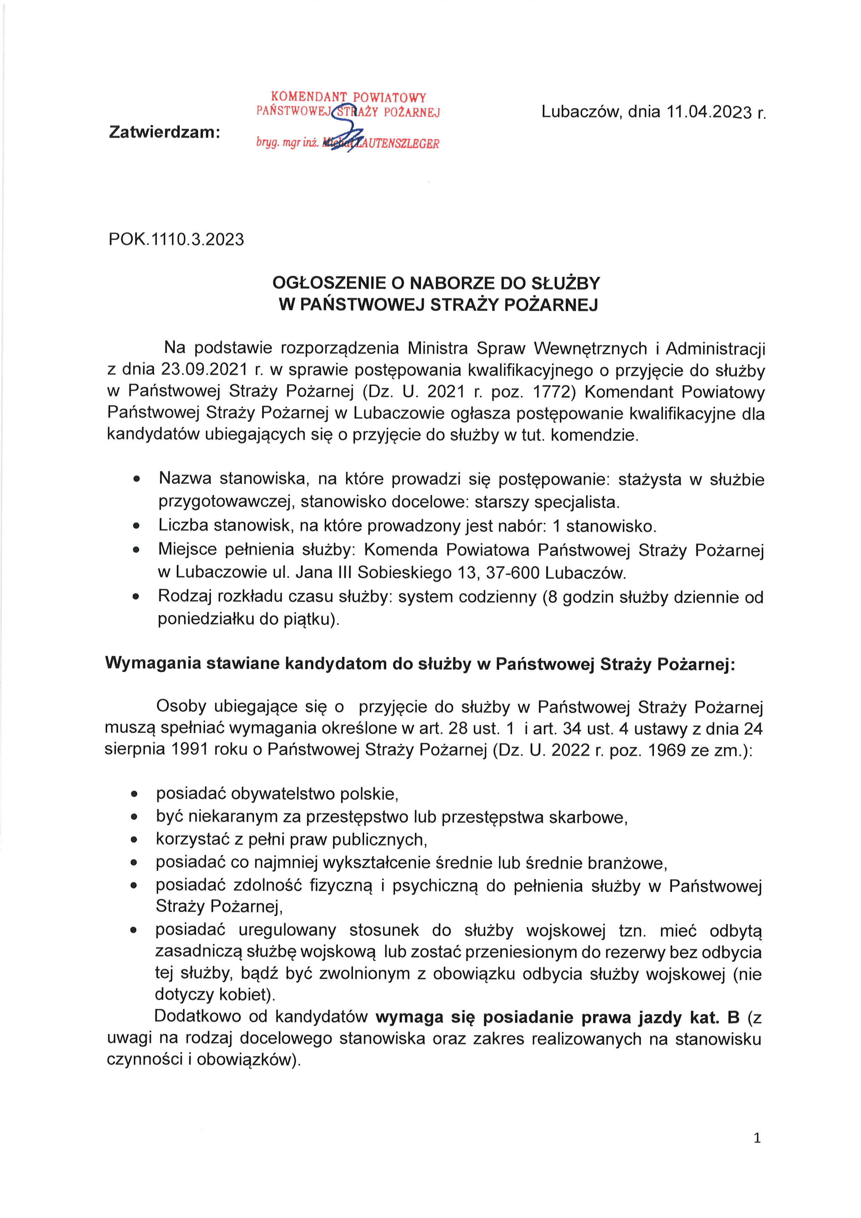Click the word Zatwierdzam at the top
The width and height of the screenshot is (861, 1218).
click(x=164, y=132)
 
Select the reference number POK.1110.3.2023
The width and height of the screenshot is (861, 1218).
click(x=177, y=239)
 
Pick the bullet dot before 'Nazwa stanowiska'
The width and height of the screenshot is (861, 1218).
click(x=137, y=479)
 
